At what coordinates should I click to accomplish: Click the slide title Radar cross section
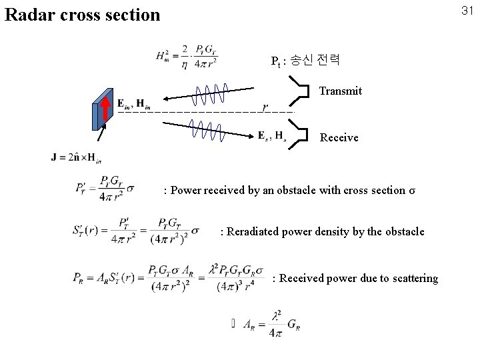point(83,14)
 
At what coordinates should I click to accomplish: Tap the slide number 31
point(467,10)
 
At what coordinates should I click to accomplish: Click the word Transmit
point(341,91)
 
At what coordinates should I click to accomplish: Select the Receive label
point(339,137)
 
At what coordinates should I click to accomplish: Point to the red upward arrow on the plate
point(105,110)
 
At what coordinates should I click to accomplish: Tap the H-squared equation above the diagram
point(187,56)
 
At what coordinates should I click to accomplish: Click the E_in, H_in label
point(133,103)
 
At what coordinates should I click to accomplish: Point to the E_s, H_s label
point(272,135)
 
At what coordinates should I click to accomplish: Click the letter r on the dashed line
point(265,107)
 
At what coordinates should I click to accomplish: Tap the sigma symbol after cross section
point(411,190)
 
